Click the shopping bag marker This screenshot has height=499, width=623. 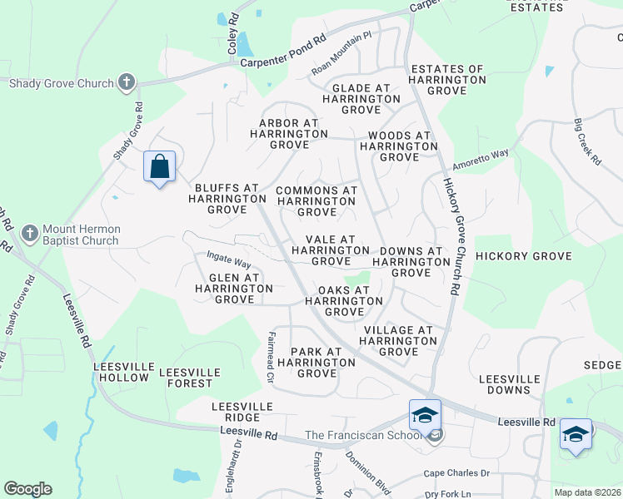[160, 168]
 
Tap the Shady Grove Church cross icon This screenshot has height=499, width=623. [127, 82]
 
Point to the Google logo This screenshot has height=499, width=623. [27, 489]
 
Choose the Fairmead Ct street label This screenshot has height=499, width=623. [271, 358]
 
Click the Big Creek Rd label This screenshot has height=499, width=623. [587, 142]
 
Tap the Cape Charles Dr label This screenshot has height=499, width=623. [456, 473]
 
